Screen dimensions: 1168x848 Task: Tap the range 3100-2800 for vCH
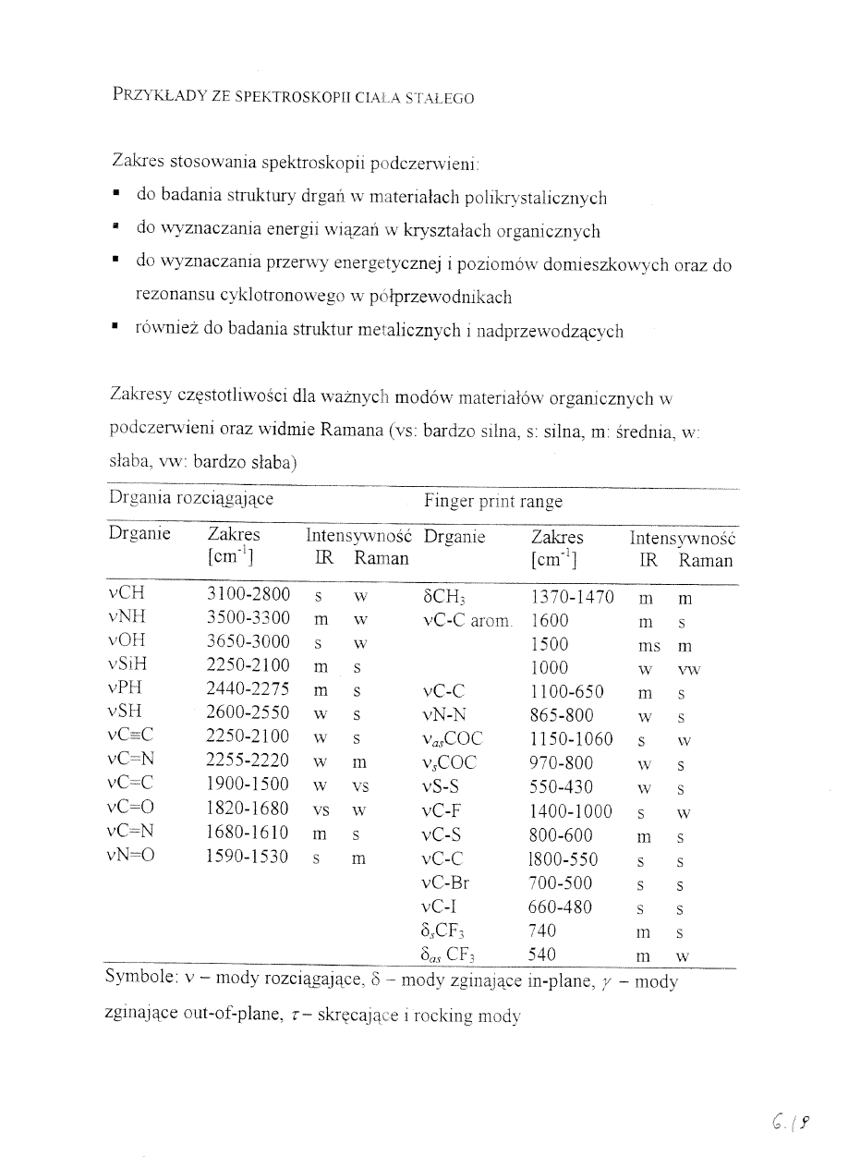point(248,594)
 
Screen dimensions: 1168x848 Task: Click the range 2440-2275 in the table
point(248,689)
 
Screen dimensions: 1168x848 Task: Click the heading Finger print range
point(492,502)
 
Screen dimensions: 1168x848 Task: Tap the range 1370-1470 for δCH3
point(572,597)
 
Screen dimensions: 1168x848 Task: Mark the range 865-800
point(561,715)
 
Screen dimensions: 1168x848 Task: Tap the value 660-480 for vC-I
point(561,907)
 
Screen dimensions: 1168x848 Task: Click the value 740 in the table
point(543,931)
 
